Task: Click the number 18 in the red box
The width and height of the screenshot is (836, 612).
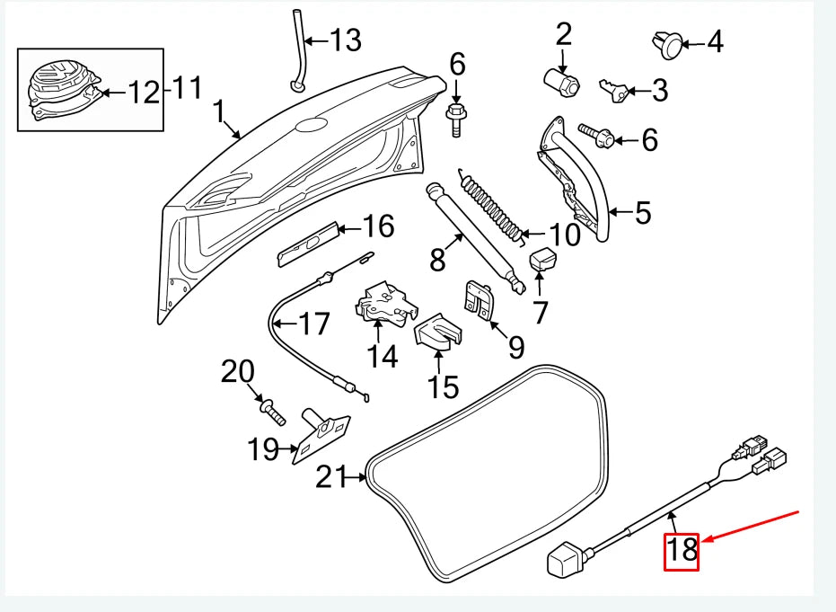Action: pyautogui.click(x=682, y=549)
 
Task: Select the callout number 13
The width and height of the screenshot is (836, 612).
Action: pyautogui.click(x=345, y=40)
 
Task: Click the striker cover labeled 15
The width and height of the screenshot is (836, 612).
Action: pyautogui.click(x=436, y=332)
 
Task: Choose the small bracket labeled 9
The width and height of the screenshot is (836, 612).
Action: pyautogui.click(x=478, y=298)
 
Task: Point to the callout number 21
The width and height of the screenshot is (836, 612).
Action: pyautogui.click(x=334, y=477)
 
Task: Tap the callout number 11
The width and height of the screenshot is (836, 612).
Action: pyautogui.click(x=187, y=90)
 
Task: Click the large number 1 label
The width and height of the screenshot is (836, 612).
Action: pyautogui.click(x=218, y=111)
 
